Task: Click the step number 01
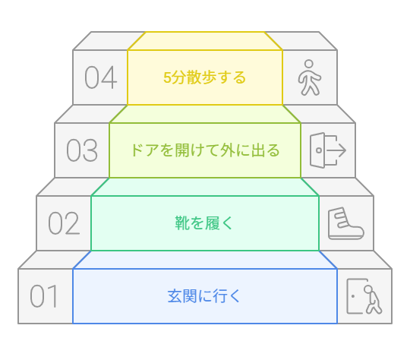tap(44, 296)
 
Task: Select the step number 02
tap(64, 223)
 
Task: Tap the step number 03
tap(82, 150)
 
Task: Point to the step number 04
tap(101, 77)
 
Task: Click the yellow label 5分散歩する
tap(205, 77)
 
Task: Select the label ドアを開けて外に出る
tap(205, 150)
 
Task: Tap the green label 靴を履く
tap(203, 223)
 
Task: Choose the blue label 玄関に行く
tap(203, 296)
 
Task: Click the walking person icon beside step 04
tap(310, 77)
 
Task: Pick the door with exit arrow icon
tap(328, 150)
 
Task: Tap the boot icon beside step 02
tap(345, 223)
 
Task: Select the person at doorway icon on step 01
tap(364, 296)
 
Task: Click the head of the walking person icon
tap(309, 64)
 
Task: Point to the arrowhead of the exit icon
tap(342, 150)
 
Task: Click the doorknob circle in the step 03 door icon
tap(319, 150)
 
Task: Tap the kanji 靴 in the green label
tap(182, 223)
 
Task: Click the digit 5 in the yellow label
tap(167, 77)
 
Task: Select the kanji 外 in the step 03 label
tap(228, 150)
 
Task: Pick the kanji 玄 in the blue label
tap(175, 296)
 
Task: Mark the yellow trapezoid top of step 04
tap(205, 41)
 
